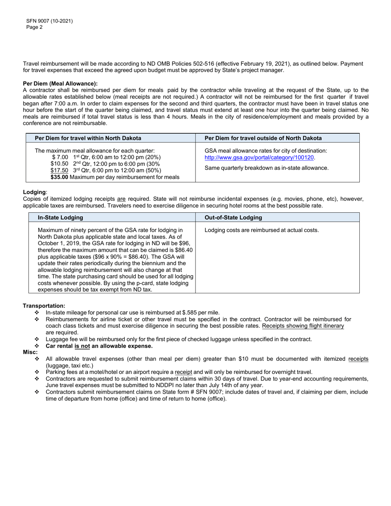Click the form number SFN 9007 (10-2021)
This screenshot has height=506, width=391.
pos(49,21)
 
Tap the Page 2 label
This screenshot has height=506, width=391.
pos(34,27)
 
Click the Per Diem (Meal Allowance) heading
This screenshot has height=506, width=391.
pos(60,84)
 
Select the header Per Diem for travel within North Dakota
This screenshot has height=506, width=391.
pos(88,138)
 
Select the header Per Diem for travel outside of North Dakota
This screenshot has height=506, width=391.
pos(263,138)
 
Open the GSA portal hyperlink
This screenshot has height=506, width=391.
pos(259,158)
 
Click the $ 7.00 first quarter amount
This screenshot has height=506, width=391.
pos(60,158)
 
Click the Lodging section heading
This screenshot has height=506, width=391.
pos(35,192)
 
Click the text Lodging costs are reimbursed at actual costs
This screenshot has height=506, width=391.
pos(261,230)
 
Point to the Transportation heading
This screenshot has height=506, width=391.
pos(44,306)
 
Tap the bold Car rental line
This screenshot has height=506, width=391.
pos(99,346)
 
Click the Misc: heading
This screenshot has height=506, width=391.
pos(30,352)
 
